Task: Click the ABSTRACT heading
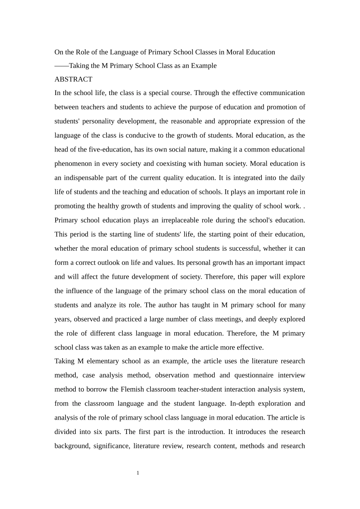[73, 79]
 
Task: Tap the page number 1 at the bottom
[138, 473]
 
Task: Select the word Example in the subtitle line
[204, 66]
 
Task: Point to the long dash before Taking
[61, 66]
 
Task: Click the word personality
[100, 121]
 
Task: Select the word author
[167, 305]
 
